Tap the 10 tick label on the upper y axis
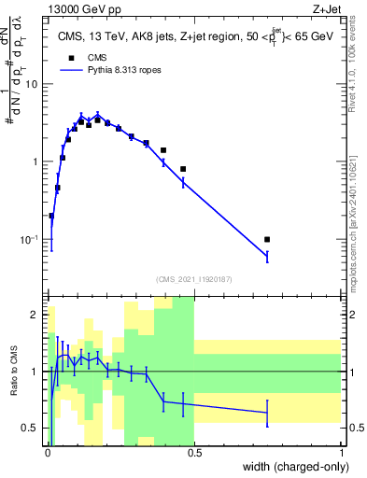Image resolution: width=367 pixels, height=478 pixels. click(x=35, y=84)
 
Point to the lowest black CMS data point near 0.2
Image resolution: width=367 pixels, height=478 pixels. click(x=50, y=216)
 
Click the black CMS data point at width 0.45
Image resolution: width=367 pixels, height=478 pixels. click(x=183, y=169)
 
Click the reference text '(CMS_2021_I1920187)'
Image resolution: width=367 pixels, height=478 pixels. click(x=193, y=278)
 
